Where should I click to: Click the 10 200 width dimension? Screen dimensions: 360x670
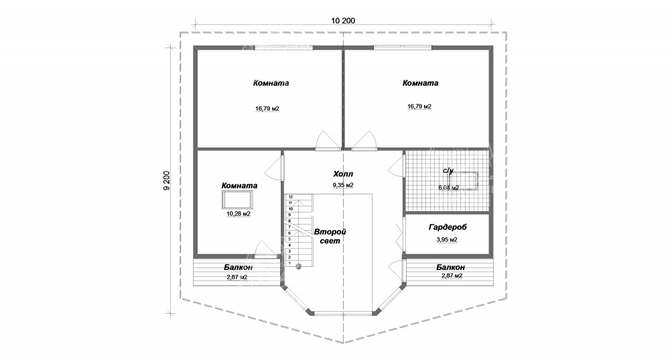pos(342,20)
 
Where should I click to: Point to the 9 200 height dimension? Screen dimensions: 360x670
pos(167,181)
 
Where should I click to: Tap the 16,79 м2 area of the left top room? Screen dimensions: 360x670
pos(267,108)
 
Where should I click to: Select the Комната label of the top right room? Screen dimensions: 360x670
pos(420,84)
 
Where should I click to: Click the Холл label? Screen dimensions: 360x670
pos(342,174)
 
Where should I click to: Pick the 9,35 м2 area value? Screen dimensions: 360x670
pos(342,185)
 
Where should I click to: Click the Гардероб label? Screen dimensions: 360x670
pos(447,227)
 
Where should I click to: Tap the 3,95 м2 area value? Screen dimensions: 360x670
pos(447,239)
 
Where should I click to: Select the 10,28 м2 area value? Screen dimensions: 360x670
pos(239,214)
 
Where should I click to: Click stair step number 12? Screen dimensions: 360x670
pos(290,197)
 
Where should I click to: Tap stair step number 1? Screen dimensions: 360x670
pos(289,263)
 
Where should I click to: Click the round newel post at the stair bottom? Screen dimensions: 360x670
pos(299,266)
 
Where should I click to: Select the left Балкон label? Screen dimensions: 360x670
pos(238,267)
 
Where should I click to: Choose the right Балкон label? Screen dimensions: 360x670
pos(453,267)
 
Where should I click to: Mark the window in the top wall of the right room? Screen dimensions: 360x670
pos(404,47)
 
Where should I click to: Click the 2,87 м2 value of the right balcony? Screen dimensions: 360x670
pos(453,276)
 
